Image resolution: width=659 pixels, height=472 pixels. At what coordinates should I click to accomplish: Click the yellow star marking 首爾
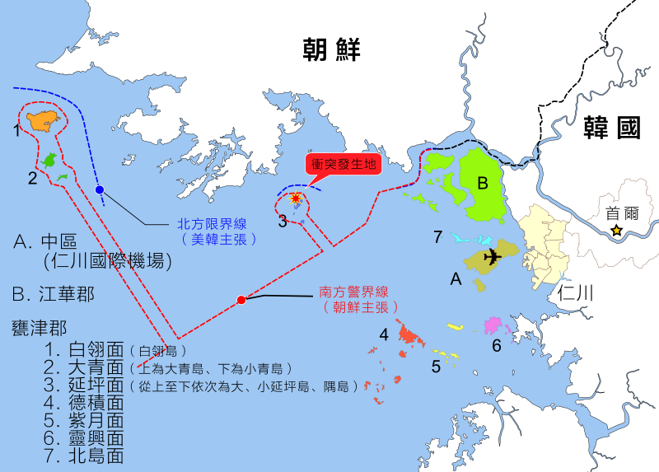coord(616,231)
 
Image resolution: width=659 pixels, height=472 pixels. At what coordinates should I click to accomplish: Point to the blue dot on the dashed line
coord(100,190)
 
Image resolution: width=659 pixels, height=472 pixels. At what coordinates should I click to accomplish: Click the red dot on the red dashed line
coord(241,300)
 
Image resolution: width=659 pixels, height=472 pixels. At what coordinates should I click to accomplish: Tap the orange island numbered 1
coord(44,121)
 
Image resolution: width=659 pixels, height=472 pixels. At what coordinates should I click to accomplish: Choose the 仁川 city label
coord(576,292)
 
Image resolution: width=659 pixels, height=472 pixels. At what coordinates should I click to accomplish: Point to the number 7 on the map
coord(438,237)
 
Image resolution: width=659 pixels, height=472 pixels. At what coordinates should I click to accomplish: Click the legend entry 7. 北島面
coord(86,455)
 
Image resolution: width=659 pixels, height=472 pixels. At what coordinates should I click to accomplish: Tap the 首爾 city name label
coord(621,213)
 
